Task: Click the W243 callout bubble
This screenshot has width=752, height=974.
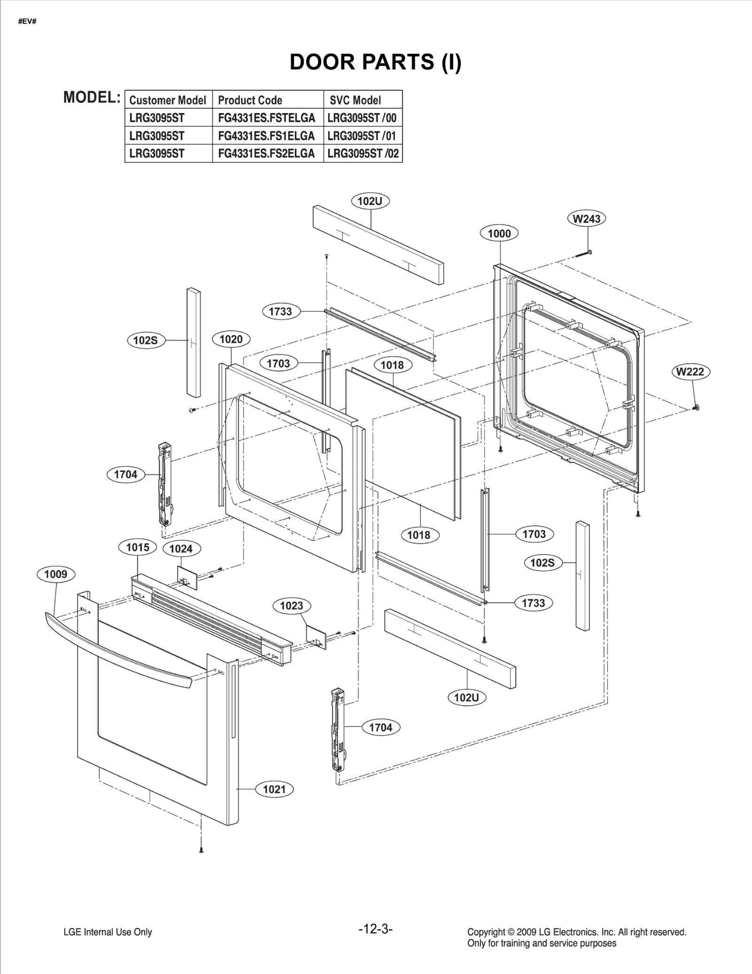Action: coord(587,218)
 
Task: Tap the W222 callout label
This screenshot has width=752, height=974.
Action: coord(690,372)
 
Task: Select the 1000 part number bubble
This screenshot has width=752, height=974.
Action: coord(499,234)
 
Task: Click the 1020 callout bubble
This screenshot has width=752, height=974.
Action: coord(231,339)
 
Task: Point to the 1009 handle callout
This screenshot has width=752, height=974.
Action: coord(55,574)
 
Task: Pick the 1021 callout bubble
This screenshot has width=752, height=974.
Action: coord(274,789)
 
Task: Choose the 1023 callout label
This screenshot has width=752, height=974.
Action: coord(291,606)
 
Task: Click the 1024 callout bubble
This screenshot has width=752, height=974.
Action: coord(181,549)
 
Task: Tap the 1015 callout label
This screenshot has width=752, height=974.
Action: coord(137,547)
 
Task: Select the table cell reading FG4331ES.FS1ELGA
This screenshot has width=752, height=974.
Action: coord(266,136)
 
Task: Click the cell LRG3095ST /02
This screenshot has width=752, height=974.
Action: coord(363,154)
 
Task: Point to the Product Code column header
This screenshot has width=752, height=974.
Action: coord(250,100)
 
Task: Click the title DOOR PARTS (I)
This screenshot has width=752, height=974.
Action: coord(375,62)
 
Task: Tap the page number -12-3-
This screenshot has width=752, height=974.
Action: coord(375,928)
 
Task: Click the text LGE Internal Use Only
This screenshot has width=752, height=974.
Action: coord(108,932)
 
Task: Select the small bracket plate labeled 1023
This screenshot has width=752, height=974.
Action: coord(316,637)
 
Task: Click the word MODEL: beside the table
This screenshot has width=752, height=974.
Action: coord(92,97)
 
